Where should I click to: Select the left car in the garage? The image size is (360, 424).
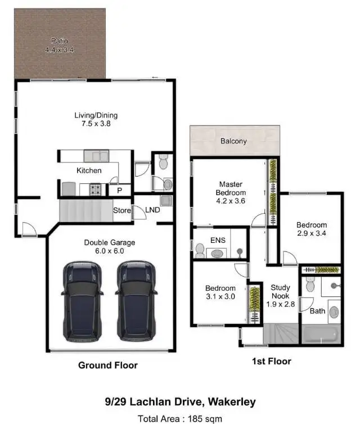pyautogui.click(x=83, y=301)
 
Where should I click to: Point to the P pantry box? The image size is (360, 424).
pyautogui.click(x=119, y=191)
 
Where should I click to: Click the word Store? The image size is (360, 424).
pyautogui.click(x=121, y=211)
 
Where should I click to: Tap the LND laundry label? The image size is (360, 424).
pyautogui.click(x=153, y=210)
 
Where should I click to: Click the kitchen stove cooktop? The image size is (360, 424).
pyautogui.click(x=96, y=190)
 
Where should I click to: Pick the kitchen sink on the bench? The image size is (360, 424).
pyautogui.click(x=96, y=155)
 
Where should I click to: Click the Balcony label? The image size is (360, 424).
pyautogui.click(x=233, y=141)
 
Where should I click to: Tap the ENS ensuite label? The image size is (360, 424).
pyautogui.click(x=218, y=241)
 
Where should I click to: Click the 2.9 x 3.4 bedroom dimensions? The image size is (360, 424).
pyautogui.click(x=312, y=233)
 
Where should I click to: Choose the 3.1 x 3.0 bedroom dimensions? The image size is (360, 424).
pyautogui.click(x=220, y=296)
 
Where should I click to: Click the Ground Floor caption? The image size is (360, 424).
pyautogui.click(x=107, y=365)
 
